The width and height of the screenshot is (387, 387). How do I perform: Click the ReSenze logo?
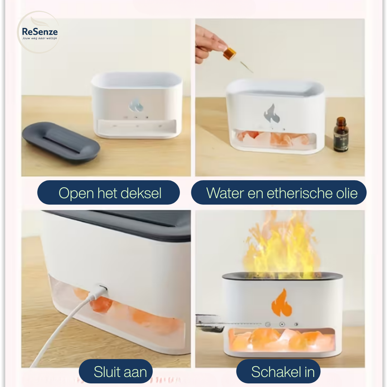click(x=39, y=32)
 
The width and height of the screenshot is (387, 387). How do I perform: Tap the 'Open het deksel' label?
click(x=109, y=193)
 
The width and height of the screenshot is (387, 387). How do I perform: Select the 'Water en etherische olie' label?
click(x=279, y=193)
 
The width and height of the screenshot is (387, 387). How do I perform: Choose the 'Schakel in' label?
click(x=278, y=372)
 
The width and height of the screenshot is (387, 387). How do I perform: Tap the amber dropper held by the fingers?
click(x=230, y=53)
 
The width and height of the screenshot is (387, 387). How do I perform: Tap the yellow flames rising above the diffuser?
click(x=279, y=244)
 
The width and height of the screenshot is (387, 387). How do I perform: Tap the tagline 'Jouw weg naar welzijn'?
click(x=40, y=38)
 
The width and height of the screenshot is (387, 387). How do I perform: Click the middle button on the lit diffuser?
click(x=282, y=324)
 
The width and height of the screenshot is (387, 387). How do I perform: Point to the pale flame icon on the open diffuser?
click(x=136, y=105)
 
